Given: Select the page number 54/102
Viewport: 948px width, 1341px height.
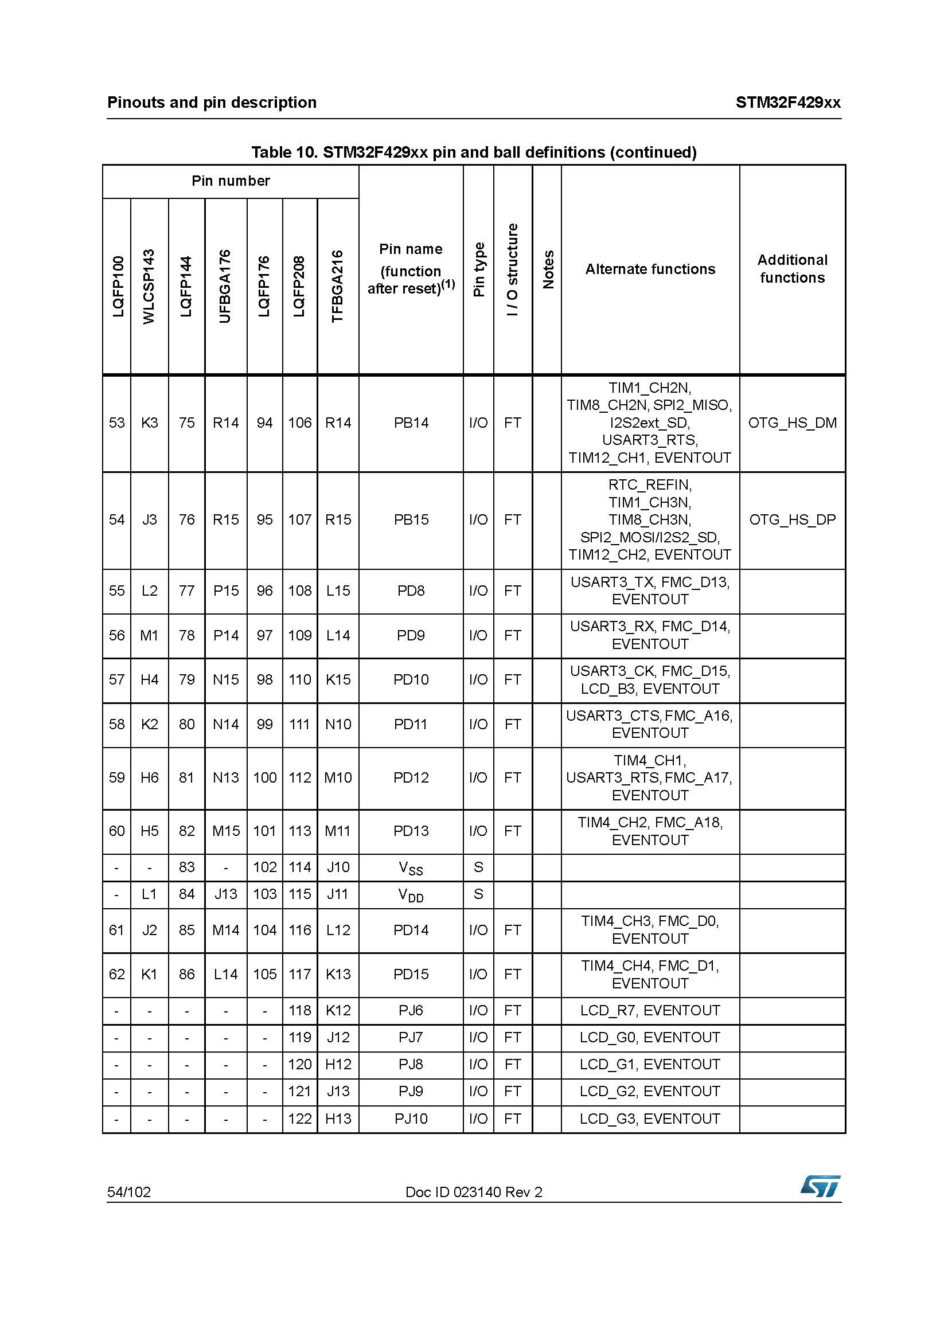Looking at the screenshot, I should click(128, 1192).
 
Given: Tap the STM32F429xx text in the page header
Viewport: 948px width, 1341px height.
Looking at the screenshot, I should click(787, 103).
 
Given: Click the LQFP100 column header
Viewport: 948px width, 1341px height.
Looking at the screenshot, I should click(118, 286).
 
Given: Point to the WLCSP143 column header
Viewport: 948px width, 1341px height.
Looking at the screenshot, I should click(149, 286).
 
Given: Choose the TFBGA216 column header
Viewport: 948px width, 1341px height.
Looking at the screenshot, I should click(338, 286).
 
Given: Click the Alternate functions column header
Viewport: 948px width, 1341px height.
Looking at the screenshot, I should click(650, 269).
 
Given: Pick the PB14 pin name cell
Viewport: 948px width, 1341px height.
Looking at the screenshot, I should click(411, 423).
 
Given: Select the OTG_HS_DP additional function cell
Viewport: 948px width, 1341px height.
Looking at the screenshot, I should click(792, 520).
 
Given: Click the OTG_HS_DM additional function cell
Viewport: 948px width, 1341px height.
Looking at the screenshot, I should click(792, 423).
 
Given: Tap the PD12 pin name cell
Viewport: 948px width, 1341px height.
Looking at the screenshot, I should click(411, 777).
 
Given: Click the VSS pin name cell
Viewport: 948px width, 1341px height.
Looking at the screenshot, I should click(411, 868).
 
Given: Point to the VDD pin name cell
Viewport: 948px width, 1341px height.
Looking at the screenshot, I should click(411, 895).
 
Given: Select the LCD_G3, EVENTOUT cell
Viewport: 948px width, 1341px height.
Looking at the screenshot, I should click(650, 1119).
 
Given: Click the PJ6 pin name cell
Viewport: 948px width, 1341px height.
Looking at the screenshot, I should click(411, 1010).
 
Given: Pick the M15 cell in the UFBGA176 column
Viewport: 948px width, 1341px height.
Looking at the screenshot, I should click(225, 831).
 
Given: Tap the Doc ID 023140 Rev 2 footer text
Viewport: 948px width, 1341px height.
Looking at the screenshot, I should click(474, 1192).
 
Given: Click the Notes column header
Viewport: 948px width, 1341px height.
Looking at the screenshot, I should click(547, 269).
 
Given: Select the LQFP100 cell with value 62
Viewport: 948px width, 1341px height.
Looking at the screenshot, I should click(117, 974).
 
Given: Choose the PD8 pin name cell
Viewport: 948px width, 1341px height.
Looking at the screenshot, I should click(411, 591).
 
